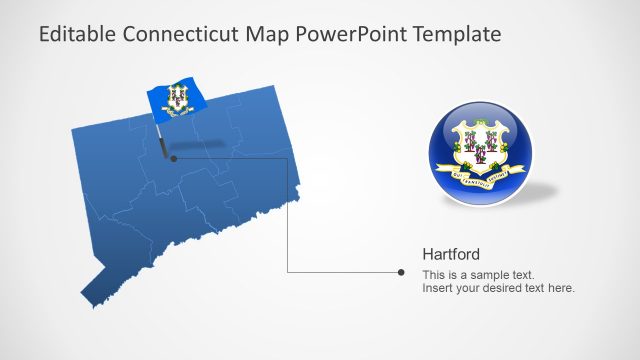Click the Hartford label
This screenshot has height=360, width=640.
pyautogui.click(x=451, y=254)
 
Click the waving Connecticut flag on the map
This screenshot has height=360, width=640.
pyautogui.click(x=176, y=99)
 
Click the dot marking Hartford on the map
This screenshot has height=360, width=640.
pyautogui.click(x=173, y=158)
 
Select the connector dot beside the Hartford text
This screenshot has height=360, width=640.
pyautogui.click(x=401, y=272)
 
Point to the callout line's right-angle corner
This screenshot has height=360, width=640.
pyautogui.click(x=288, y=272)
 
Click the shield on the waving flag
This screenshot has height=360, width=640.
pyautogui.click(x=178, y=98)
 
